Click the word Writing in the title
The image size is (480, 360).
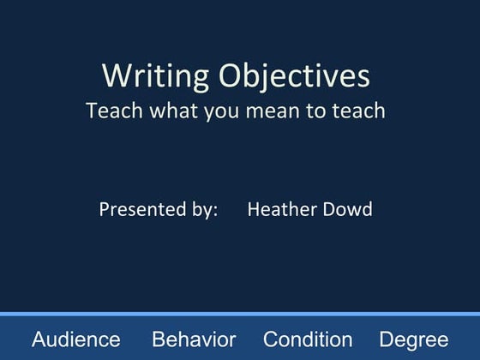(153, 75)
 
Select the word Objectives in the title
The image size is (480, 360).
(294, 75)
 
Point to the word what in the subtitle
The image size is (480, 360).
(171, 111)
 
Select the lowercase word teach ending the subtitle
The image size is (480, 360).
(357, 111)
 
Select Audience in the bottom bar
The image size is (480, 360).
(76, 339)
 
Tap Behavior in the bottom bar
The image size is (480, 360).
(194, 339)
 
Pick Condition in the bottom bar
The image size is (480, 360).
(308, 339)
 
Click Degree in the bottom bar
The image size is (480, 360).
(413, 339)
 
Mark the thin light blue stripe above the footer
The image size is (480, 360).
(240, 315)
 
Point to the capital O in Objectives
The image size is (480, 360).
(231, 75)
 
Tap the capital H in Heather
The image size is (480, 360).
(254, 209)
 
